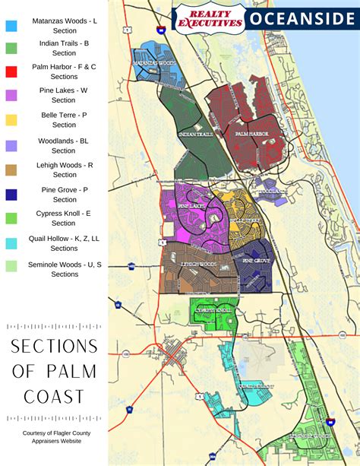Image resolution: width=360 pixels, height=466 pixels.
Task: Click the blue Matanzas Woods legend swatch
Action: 11,25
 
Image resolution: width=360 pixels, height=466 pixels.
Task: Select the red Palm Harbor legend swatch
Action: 11,71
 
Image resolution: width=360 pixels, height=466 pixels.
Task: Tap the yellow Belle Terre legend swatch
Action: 11,120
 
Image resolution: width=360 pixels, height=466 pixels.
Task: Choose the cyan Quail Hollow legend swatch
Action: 11,243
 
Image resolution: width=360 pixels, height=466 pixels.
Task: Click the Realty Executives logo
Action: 210,17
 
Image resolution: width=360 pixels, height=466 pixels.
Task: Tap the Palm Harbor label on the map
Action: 251,134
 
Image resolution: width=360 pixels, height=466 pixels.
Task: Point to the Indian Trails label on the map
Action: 192,135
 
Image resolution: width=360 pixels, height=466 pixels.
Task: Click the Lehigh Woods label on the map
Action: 199,264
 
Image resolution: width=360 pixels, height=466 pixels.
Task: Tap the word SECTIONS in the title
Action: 54,347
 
